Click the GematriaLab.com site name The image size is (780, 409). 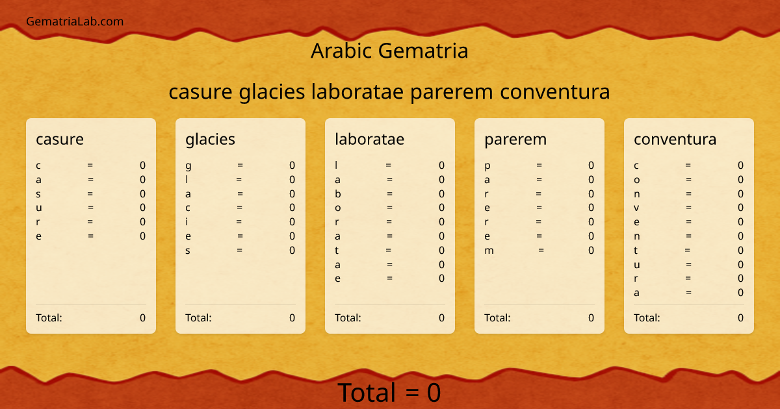[75, 21]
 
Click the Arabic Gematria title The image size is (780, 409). [389, 51]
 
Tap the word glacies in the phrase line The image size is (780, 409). [272, 92]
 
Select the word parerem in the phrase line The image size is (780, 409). [452, 92]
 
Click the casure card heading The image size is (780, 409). [60, 139]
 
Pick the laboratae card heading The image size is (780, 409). [369, 139]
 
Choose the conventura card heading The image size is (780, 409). [675, 139]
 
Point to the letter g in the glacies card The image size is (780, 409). [188, 166]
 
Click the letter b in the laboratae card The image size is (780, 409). [338, 193]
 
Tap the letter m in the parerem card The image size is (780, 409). [489, 251]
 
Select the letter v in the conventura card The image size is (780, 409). [637, 208]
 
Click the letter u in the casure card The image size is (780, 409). [39, 208]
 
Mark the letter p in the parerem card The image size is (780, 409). [487, 166]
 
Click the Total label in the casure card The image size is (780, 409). [49, 318]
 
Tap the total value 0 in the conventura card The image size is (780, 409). [740, 318]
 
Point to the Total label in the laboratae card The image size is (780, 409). [348, 318]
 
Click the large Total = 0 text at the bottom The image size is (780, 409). [389, 393]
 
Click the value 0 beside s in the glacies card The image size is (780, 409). [292, 251]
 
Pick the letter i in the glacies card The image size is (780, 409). [187, 222]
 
